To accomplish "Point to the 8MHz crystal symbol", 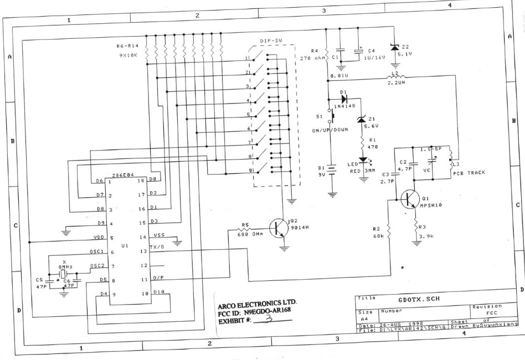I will click(64, 274).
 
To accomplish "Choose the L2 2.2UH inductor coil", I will click(397, 76).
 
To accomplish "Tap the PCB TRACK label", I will click(469, 173).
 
